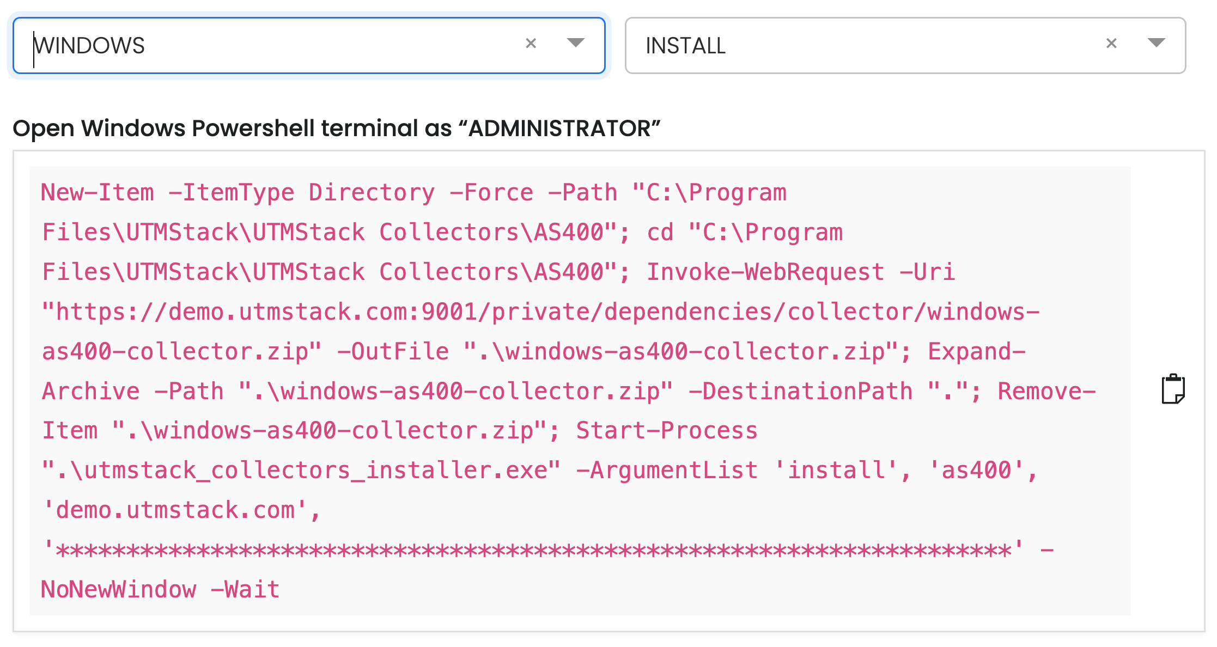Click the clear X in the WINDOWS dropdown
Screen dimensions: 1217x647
pyautogui.click(x=531, y=43)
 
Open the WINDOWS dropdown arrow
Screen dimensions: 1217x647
pyautogui.click(x=575, y=42)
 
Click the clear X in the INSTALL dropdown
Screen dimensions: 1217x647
pyautogui.click(x=1111, y=43)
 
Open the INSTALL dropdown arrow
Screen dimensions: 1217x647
pyautogui.click(x=1156, y=42)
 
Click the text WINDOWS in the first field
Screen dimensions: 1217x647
pyautogui.click(x=89, y=46)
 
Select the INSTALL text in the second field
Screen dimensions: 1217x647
pyautogui.click(x=685, y=46)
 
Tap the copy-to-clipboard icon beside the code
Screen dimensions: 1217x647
pyautogui.click(x=1173, y=389)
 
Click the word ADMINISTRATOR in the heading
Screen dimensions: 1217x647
pyautogui.click(x=559, y=129)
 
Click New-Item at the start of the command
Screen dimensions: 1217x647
pyautogui.click(x=98, y=193)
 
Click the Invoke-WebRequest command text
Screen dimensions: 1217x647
pyautogui.click(x=765, y=272)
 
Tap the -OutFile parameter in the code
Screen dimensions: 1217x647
pyautogui.click(x=393, y=352)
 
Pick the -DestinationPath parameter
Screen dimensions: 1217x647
pyautogui.click(x=801, y=392)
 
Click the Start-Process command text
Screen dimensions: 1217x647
pyautogui.click(x=667, y=431)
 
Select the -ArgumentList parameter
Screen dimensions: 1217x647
pyautogui.click(x=667, y=471)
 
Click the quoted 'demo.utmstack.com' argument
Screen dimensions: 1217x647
pyautogui.click(x=175, y=510)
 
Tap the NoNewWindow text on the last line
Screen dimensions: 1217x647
pyautogui.click(x=119, y=590)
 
